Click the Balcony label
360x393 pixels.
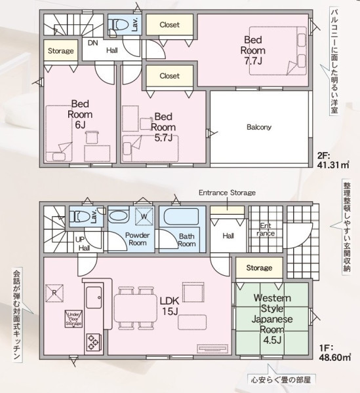[x=259, y=127]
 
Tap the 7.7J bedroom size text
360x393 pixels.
[x=253, y=61]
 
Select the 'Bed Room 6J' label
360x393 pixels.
[x=80, y=114]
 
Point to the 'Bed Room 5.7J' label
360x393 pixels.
[x=163, y=127]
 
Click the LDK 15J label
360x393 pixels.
[x=170, y=306]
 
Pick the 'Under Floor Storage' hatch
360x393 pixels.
[x=73, y=319]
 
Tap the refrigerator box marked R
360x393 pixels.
[x=54, y=293]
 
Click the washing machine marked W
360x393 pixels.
[x=144, y=216]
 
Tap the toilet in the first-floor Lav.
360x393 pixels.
[x=80, y=216]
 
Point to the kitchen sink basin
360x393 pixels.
[x=94, y=297]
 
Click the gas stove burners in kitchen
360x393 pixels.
[x=94, y=343]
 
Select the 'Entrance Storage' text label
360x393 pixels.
[x=227, y=193]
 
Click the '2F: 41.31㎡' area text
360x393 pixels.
[x=333, y=160]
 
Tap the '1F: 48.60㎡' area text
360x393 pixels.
[x=334, y=352]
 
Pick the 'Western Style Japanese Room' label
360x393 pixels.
[x=272, y=314]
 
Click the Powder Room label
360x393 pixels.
[x=138, y=239]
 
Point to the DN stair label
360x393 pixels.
[x=93, y=43]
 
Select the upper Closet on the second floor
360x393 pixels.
[x=170, y=25]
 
